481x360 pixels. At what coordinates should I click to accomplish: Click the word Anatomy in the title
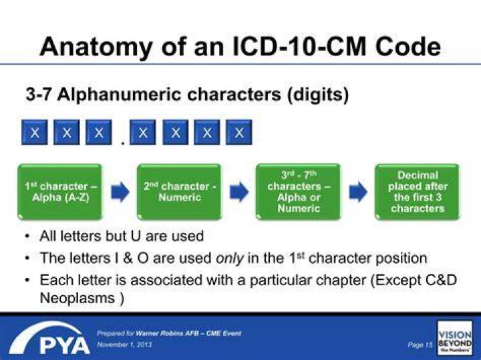(x=96, y=47)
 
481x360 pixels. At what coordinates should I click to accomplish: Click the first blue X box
(x=35, y=132)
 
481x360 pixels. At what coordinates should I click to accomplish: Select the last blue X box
(x=239, y=132)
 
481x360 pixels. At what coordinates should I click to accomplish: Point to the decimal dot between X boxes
(x=123, y=142)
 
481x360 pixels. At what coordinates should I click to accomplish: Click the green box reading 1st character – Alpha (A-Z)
(x=60, y=192)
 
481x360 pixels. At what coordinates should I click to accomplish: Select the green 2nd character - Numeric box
(x=180, y=192)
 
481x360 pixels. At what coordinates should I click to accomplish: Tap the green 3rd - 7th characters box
(x=299, y=192)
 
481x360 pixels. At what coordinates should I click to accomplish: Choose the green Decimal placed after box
(x=418, y=192)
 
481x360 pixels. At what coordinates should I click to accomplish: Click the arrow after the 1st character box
(x=120, y=192)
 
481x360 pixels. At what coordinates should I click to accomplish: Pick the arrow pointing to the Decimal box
(x=358, y=192)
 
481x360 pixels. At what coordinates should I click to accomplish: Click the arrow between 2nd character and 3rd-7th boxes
(x=239, y=192)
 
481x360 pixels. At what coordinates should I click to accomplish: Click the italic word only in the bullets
(x=230, y=258)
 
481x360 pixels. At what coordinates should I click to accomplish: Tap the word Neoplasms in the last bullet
(x=77, y=298)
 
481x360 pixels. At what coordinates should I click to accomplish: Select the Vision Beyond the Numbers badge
(x=455, y=338)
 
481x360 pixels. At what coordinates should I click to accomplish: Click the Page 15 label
(x=420, y=345)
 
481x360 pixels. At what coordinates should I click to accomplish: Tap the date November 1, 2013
(x=124, y=345)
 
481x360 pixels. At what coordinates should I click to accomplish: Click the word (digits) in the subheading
(x=318, y=94)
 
